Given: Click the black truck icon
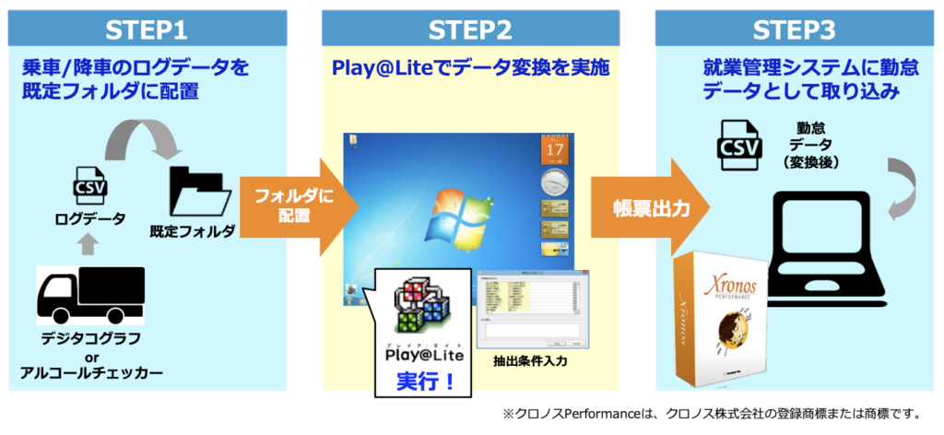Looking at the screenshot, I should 90,296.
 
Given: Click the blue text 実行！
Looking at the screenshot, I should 425,380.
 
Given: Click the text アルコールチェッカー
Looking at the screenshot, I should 91,373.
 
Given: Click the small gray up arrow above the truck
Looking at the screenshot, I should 90,243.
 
